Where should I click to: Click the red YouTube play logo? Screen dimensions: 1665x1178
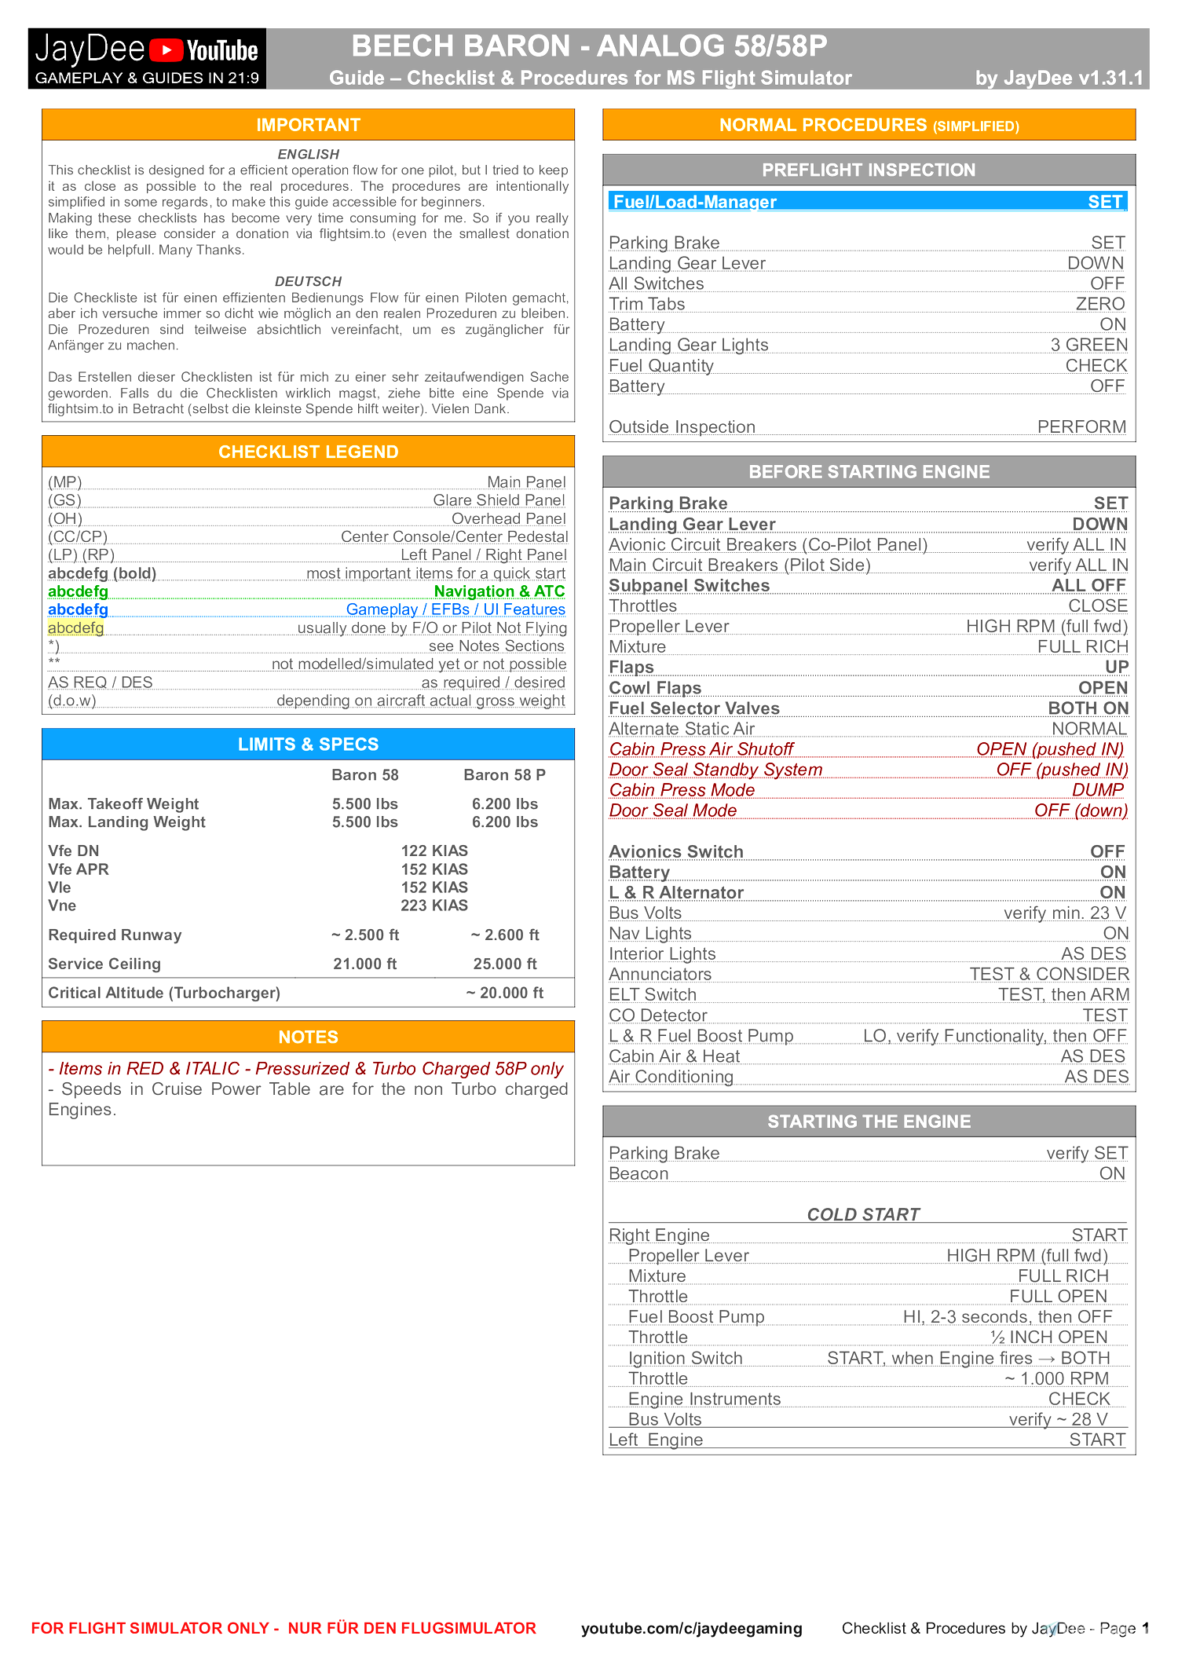point(166,50)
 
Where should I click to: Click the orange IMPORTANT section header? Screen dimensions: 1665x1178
point(308,125)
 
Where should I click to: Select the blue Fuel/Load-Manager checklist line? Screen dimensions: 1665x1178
point(868,202)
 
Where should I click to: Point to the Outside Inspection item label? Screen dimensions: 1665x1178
point(682,427)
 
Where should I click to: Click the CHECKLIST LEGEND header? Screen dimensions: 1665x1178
point(308,452)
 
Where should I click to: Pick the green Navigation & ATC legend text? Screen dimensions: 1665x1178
point(499,591)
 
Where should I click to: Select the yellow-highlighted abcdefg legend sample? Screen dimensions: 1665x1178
point(75,628)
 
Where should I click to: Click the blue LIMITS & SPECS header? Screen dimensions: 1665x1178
point(308,744)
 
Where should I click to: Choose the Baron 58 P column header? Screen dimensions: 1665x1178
point(504,775)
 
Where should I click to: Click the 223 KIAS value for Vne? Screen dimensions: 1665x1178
point(434,906)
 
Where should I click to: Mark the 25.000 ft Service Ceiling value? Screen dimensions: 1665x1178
point(505,964)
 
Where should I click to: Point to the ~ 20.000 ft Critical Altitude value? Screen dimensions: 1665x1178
point(504,993)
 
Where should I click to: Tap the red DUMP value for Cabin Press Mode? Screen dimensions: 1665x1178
point(1098,790)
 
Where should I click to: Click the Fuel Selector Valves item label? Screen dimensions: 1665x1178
point(694,708)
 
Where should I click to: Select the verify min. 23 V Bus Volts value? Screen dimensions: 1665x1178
point(1064,913)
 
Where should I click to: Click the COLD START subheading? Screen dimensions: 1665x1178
point(863,1214)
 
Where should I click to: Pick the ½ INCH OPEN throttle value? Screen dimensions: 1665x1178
point(1048,1337)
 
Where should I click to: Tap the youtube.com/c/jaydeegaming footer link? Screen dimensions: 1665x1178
point(691,1628)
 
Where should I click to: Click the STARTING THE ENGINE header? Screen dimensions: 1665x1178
point(869,1122)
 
